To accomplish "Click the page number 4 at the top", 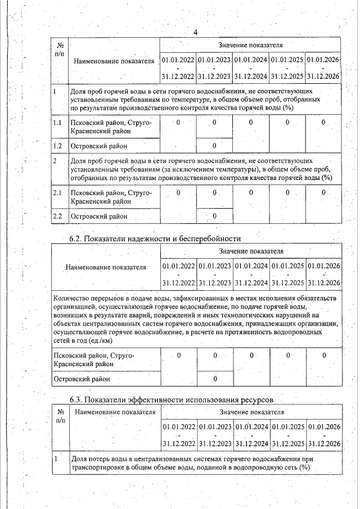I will click(195, 32).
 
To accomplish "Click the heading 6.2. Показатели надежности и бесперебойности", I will click(155, 238).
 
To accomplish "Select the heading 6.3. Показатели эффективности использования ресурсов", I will click(171, 400).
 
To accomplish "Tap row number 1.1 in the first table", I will click(57, 123).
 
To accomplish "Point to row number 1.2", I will click(57, 146).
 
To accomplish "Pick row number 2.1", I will click(57, 193).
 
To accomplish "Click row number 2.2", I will click(57, 216).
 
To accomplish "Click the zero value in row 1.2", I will click(214, 146).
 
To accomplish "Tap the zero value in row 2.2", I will click(214, 216).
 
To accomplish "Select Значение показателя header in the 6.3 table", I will click(251, 412).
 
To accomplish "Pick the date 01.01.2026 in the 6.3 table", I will click(325, 427).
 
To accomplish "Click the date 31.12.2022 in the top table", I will click(178, 75).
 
